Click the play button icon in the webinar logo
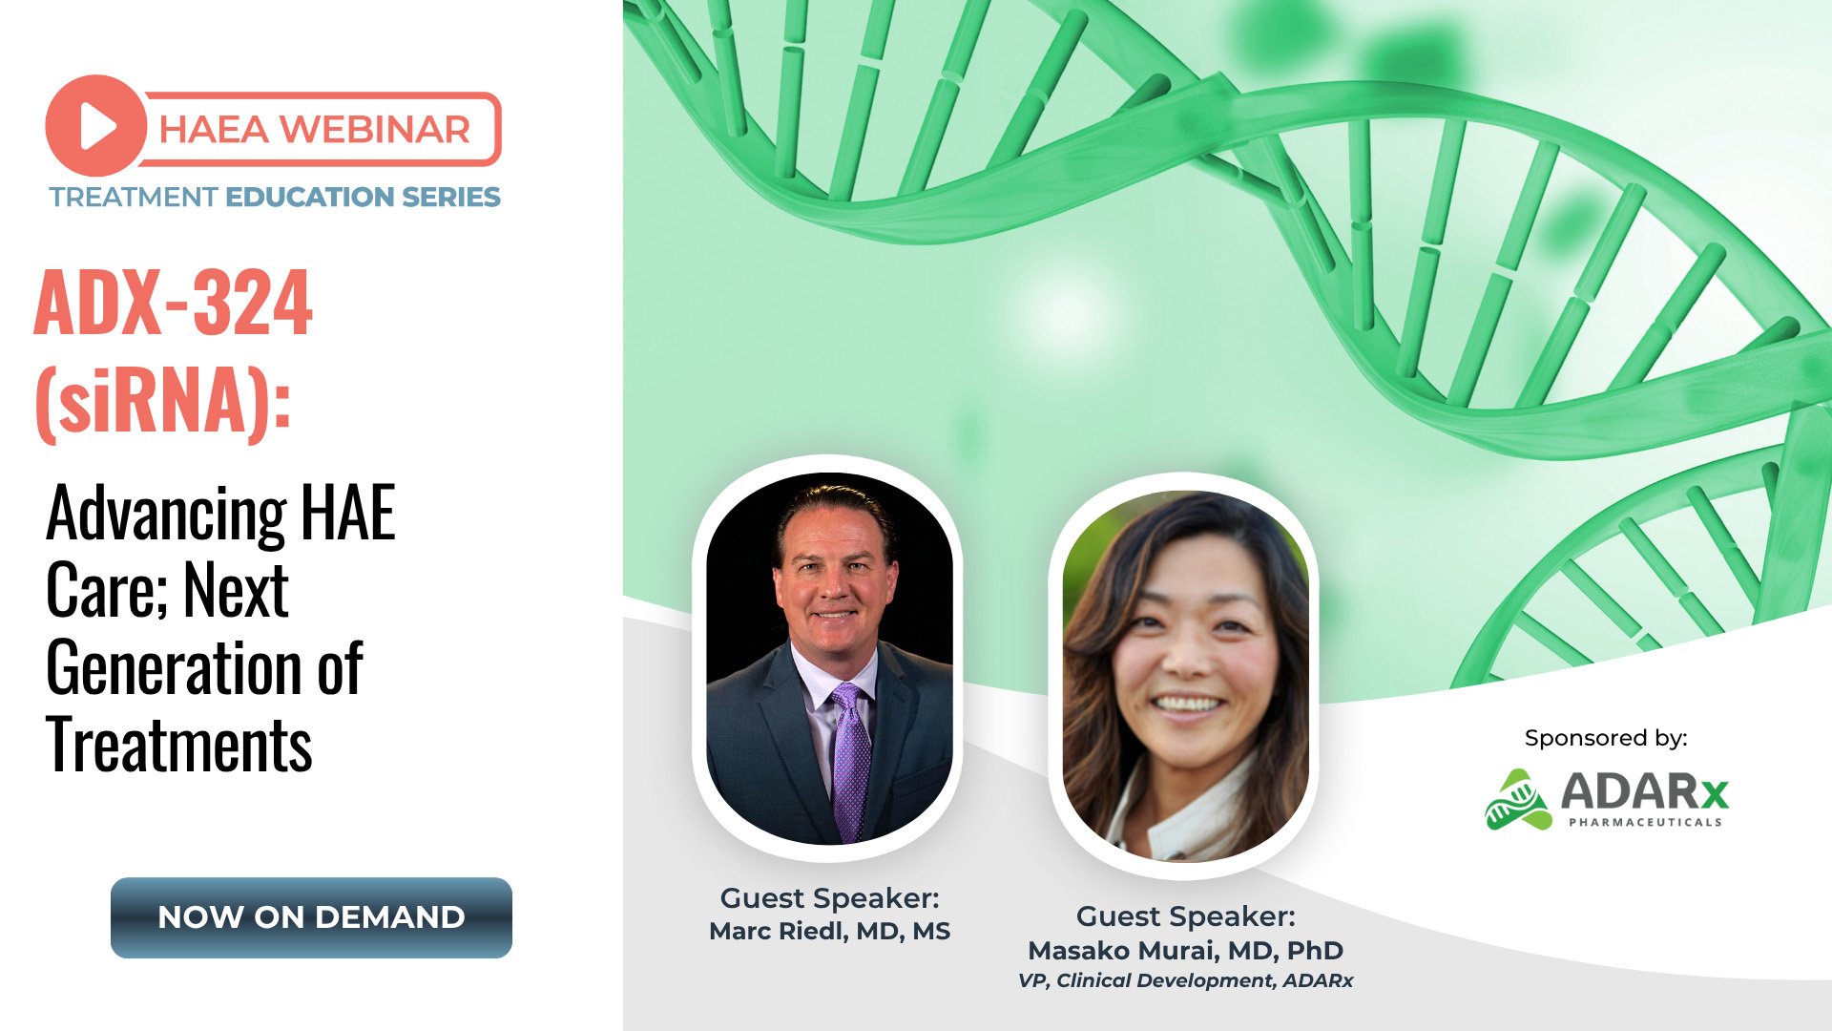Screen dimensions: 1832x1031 click(x=96, y=126)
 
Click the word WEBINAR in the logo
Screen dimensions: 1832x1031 click(x=375, y=130)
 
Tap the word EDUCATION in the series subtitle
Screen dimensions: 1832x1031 click(x=310, y=197)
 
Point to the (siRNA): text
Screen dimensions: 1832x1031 click(x=163, y=401)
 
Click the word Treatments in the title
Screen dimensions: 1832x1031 click(x=179, y=745)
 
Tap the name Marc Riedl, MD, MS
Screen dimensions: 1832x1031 click(x=829, y=932)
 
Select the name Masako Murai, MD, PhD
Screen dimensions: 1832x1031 click(x=1185, y=951)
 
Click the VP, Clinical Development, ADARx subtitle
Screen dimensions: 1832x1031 click(x=1185, y=980)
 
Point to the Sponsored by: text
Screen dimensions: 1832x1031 click(x=1606, y=738)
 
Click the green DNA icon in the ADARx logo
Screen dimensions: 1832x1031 click(x=1518, y=800)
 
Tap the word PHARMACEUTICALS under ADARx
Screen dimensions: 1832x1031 click(x=1645, y=822)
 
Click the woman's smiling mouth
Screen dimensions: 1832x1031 click(x=1187, y=706)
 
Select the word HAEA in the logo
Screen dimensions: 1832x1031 click(x=214, y=130)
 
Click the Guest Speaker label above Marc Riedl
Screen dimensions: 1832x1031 click(x=829, y=898)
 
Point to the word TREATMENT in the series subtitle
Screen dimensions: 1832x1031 click(x=134, y=197)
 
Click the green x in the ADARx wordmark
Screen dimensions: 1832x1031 click(x=1715, y=793)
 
